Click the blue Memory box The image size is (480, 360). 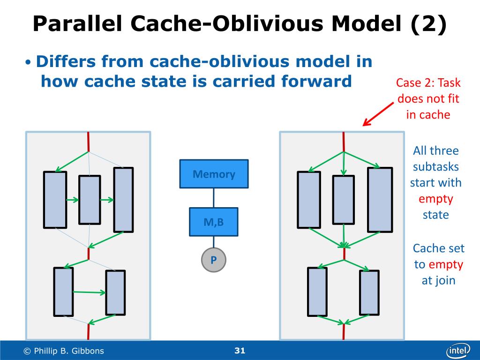click(x=214, y=174)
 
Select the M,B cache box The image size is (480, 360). click(x=214, y=222)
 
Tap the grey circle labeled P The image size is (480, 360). click(x=214, y=260)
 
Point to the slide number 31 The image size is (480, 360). click(x=240, y=351)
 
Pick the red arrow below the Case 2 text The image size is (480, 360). click(x=378, y=115)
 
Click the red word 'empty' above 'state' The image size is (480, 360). click(x=436, y=199)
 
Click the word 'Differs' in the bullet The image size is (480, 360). click(x=69, y=61)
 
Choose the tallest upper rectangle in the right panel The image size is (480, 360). click(x=380, y=200)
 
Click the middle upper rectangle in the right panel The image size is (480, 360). click(x=344, y=199)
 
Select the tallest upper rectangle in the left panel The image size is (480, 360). click(x=123, y=200)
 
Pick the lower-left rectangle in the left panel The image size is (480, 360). click(x=64, y=292)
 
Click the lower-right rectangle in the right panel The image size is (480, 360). click(x=369, y=292)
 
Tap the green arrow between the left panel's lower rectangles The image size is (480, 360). click(x=90, y=292)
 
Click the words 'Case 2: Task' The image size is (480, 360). click(x=428, y=83)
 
